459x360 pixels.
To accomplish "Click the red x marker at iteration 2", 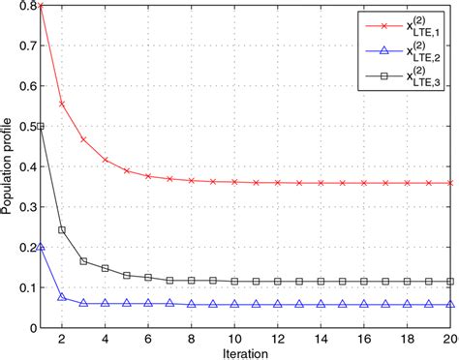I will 61,105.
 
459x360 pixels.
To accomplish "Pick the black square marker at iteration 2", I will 61,229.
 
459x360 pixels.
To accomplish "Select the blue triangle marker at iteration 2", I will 61,296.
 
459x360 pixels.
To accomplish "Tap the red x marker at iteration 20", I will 451,182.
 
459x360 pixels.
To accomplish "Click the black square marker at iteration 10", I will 234,281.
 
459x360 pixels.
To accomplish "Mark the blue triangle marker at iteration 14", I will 321,304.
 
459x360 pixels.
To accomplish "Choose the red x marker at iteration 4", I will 105,160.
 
